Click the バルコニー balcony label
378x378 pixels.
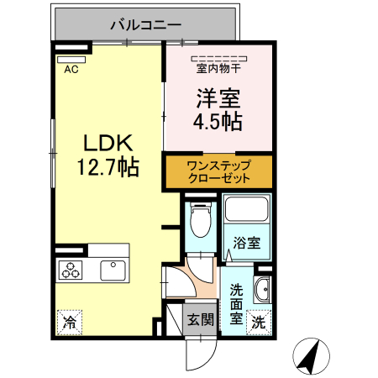(x=146, y=25)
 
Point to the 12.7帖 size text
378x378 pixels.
(x=108, y=167)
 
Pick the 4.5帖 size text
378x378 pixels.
(x=219, y=121)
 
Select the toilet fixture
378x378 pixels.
(x=200, y=220)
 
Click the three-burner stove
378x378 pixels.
(x=70, y=270)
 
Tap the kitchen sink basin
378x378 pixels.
(x=113, y=270)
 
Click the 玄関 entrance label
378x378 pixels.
(x=200, y=319)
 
